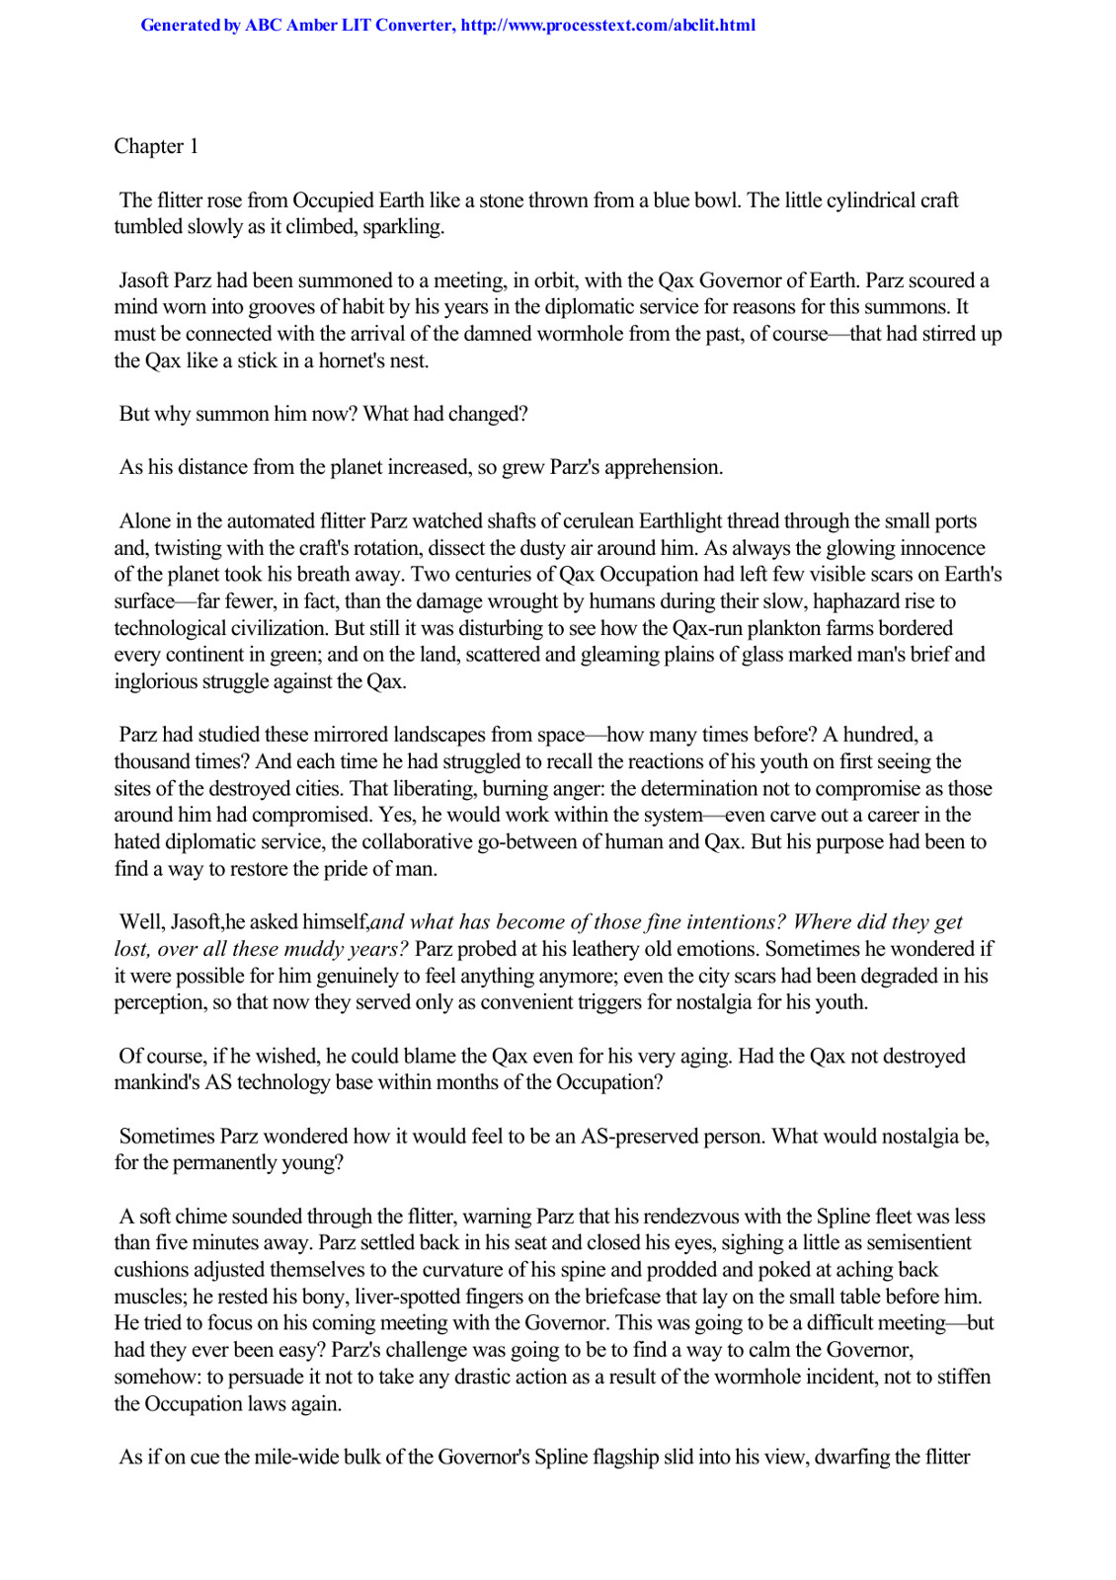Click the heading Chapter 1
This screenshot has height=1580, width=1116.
coord(156,146)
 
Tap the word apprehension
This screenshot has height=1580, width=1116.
coord(663,467)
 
